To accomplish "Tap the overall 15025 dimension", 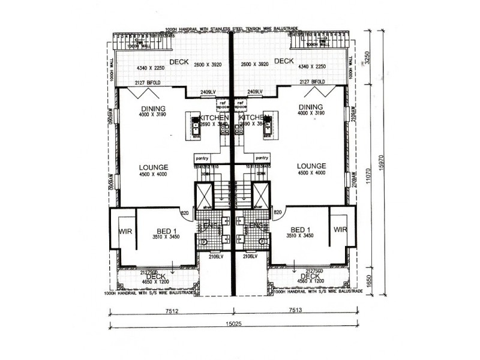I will [x=233, y=326].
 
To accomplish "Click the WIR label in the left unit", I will [x=127, y=230].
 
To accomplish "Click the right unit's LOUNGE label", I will [x=311, y=166].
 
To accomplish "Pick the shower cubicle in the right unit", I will [x=260, y=194].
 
